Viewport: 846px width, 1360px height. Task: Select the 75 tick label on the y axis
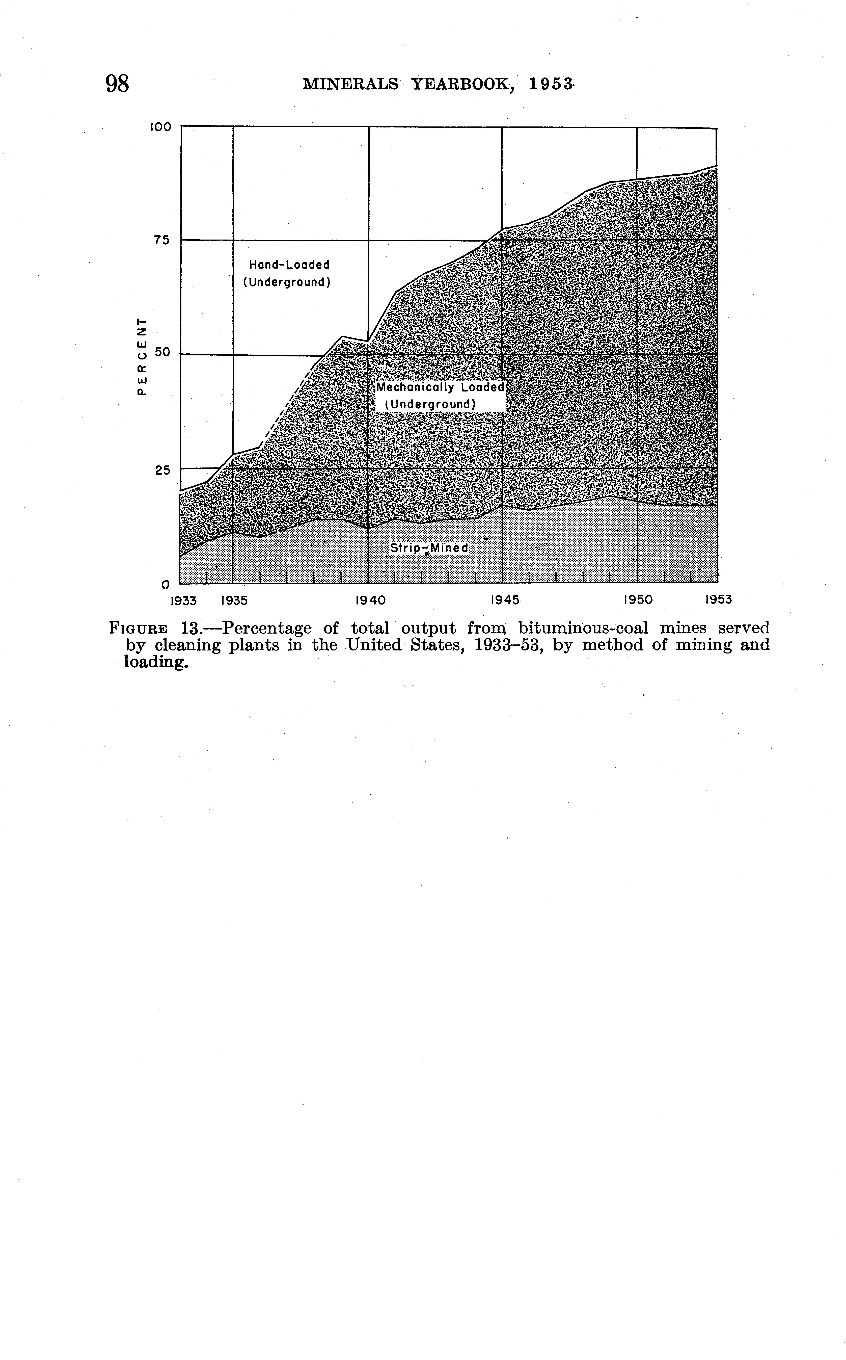162,241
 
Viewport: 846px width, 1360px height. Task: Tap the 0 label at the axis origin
165,585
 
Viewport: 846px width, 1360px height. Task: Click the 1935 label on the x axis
234,600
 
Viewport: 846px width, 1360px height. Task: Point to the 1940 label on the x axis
370,600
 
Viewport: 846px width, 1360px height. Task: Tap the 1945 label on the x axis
505,600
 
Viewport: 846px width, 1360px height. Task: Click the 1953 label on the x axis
718,600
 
